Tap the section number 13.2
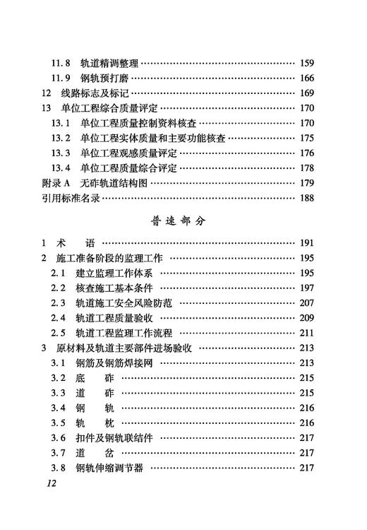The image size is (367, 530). (61, 138)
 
